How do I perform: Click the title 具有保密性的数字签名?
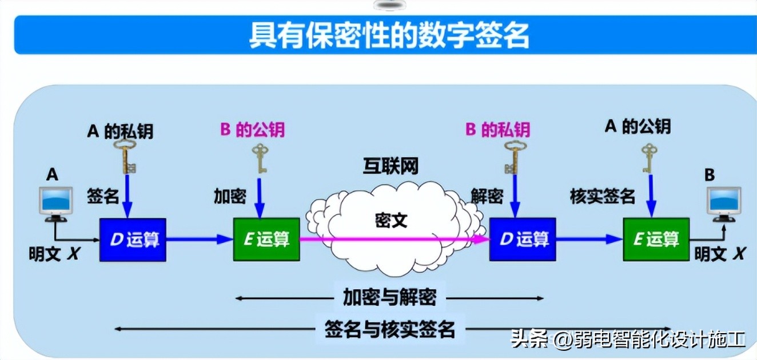coord(389,35)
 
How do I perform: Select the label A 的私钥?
coord(120,131)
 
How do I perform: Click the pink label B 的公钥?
coord(252,130)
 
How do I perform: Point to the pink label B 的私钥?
coord(497,130)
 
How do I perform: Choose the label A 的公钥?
coord(638,127)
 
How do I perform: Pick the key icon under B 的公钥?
coord(261,158)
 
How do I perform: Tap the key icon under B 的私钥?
coord(512,157)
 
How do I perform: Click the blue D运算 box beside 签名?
coord(133,240)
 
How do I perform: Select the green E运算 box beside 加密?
coord(266,239)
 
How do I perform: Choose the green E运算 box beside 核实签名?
coord(656,239)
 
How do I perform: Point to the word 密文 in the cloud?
coord(391,221)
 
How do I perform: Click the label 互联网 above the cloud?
coord(391,166)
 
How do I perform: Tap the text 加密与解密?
coord(389,297)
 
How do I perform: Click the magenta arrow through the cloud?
coord(395,239)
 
